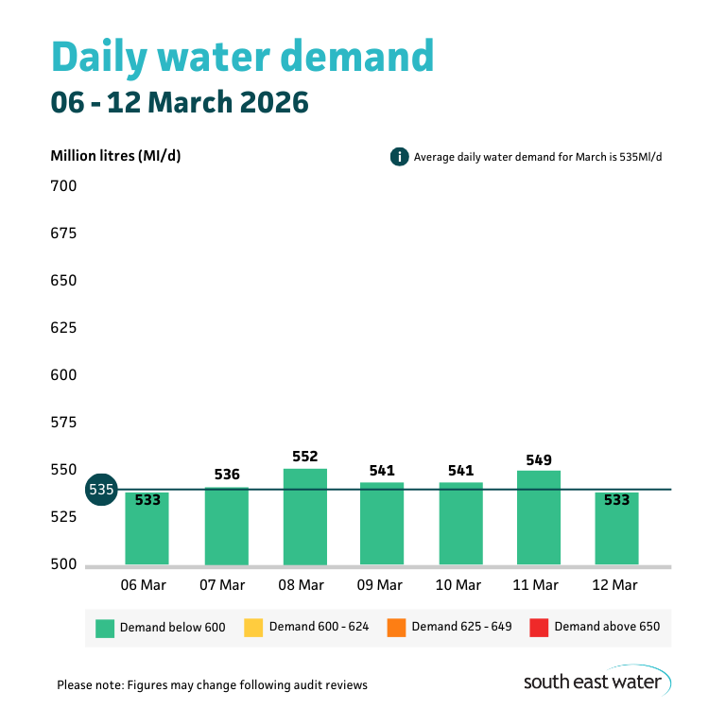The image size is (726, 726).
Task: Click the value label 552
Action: coord(304,456)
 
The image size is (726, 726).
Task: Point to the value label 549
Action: coord(539,458)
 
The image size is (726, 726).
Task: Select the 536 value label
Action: coord(227,475)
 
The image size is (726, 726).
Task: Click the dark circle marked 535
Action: coord(101,490)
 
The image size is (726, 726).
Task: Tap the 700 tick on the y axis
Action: coord(63,186)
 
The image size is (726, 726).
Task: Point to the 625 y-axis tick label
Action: coord(63,328)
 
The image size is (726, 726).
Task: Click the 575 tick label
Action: coord(63,423)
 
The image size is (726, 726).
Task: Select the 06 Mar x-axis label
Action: coord(144,585)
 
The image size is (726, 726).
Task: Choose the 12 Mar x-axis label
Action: coord(614,585)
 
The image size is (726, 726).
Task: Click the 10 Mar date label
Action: coord(458,585)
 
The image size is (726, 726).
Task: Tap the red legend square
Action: coord(539,627)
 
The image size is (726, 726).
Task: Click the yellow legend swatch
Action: coord(252,627)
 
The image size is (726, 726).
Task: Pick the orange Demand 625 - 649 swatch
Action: coord(395,627)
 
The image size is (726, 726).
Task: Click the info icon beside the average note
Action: coord(399,157)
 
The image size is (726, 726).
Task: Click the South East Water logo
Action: coord(596,681)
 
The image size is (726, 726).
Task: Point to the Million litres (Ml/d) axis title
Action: coord(115,156)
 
